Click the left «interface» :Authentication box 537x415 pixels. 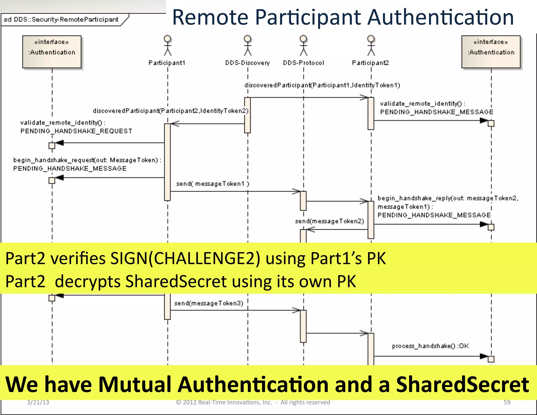(52, 52)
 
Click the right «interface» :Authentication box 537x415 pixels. (491, 52)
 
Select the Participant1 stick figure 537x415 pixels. (168, 46)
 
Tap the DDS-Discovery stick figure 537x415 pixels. (248, 46)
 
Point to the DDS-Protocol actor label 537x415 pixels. (303, 63)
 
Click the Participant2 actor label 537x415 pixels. (370, 63)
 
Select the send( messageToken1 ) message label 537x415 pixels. (212, 184)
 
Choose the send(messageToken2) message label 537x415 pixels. (330, 221)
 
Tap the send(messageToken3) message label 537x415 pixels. (209, 303)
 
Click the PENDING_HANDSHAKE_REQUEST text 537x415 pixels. (76, 131)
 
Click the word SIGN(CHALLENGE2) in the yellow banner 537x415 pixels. (185, 258)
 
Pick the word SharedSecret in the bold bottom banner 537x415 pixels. (462, 384)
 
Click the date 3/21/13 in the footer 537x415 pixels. (38, 402)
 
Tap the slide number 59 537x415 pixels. (507, 402)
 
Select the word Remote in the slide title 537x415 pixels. (210, 17)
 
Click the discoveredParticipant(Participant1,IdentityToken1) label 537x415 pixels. (322, 85)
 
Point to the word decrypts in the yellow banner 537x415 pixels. (88, 281)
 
